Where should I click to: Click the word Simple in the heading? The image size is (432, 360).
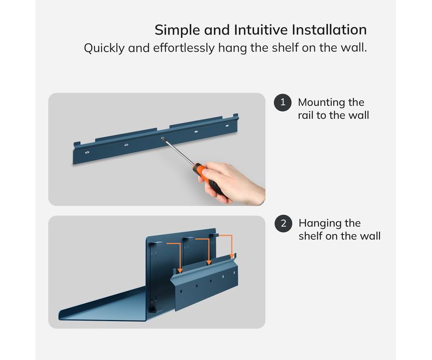pyautogui.click(x=178, y=30)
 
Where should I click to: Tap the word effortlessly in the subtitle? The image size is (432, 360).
pyautogui.click(x=184, y=48)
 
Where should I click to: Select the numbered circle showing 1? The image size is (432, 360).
pyautogui.click(x=282, y=103)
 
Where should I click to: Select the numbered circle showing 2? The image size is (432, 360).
pyautogui.click(x=283, y=223)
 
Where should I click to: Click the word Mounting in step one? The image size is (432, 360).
pyautogui.click(x=321, y=103)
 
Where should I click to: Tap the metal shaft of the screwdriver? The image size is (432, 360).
pyautogui.click(x=179, y=152)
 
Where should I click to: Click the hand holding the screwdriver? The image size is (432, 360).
pyautogui.click(x=233, y=182)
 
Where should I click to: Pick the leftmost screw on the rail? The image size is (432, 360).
pyautogui.click(x=87, y=152)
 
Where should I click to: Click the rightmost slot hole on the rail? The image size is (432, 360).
pyautogui.click(x=227, y=126)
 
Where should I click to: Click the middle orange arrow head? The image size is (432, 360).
pyautogui.click(x=209, y=262)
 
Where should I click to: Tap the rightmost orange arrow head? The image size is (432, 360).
pyautogui.click(x=232, y=256)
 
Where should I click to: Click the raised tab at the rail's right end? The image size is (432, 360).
pyautogui.click(x=236, y=116)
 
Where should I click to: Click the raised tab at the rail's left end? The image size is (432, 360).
pyautogui.click(x=77, y=144)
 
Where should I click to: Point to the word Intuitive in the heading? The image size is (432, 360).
pyautogui.click(x=261, y=30)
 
